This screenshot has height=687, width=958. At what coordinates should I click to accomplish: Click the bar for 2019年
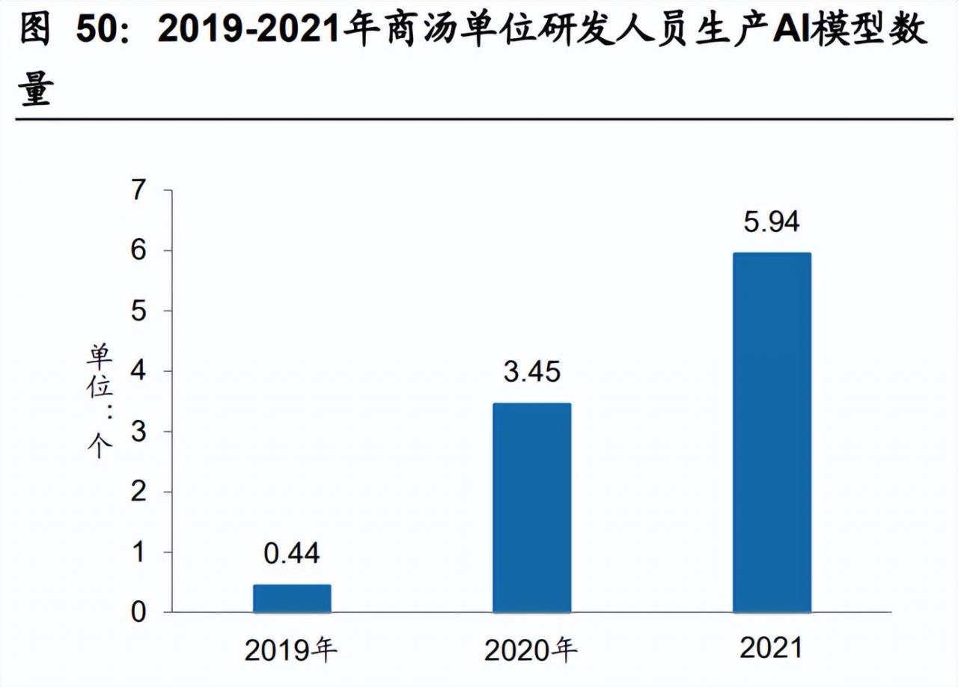pyautogui.click(x=292, y=599)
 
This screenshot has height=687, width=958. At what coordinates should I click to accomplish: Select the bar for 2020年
pyautogui.click(x=531, y=508)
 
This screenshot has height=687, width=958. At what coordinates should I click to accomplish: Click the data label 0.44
pyautogui.click(x=292, y=554)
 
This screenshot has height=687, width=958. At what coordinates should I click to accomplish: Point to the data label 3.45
pyautogui.click(x=531, y=372)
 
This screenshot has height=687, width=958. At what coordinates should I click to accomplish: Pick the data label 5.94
pyautogui.click(x=772, y=222)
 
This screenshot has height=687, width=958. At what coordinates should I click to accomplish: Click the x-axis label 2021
pyautogui.click(x=771, y=648)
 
